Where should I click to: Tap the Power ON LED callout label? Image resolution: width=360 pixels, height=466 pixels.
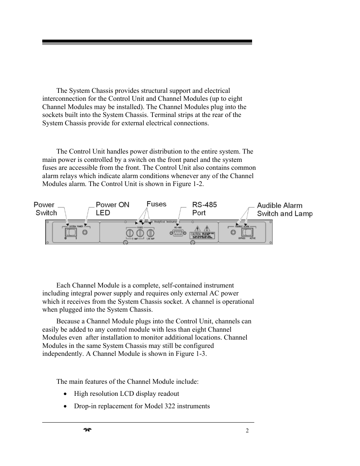point(112,209)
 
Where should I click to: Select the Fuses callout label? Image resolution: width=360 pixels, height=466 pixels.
point(156,204)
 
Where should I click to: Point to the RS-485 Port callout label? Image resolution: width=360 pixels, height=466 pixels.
point(204,209)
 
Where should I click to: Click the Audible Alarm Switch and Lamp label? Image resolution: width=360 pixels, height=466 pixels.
point(285,209)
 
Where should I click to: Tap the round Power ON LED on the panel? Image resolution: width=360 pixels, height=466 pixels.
point(85,232)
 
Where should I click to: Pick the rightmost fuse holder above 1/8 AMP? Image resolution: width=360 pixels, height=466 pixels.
point(151,233)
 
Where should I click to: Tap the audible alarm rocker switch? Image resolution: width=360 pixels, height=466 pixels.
point(247,232)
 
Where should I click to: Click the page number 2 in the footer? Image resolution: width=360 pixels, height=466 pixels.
point(247,431)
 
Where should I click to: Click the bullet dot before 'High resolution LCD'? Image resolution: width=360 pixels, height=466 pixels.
point(66,394)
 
